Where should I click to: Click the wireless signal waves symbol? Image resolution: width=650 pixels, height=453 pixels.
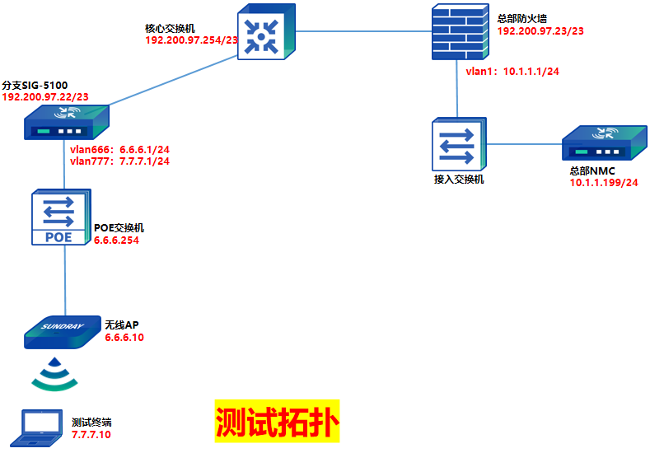pyautogui.click(x=55, y=373)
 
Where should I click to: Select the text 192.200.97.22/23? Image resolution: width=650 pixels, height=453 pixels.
pyautogui.click(x=46, y=97)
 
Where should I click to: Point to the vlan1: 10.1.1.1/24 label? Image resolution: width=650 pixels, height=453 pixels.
pyautogui.click(x=512, y=72)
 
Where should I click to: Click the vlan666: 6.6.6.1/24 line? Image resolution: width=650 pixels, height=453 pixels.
pyautogui.click(x=120, y=149)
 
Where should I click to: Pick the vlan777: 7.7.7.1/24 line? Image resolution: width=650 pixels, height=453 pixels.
pyautogui.click(x=120, y=161)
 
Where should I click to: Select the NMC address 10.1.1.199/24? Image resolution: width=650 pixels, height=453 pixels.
pyautogui.click(x=604, y=182)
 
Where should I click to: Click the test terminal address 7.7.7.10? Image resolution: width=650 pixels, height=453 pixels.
pyautogui.click(x=91, y=434)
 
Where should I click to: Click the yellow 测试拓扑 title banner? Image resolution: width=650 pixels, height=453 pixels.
pyautogui.click(x=277, y=423)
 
